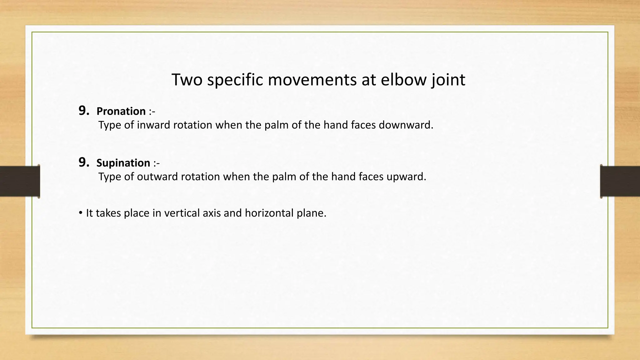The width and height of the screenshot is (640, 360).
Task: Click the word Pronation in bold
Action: (121, 111)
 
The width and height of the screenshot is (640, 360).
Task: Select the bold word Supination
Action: (123, 163)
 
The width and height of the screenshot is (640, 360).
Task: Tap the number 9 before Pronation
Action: (83, 111)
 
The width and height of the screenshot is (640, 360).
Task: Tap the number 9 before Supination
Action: (83, 162)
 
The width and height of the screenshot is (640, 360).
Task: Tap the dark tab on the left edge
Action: (20, 181)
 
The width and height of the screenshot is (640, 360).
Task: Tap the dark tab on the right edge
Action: (620, 181)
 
